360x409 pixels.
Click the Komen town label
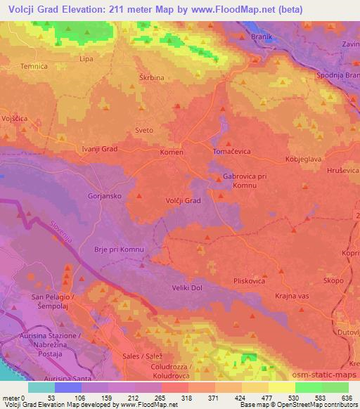tap(171, 152)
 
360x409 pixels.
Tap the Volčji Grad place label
tap(184, 200)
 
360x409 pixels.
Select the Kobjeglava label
tap(302, 160)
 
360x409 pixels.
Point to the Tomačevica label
tap(231, 152)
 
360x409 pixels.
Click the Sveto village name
tap(143, 131)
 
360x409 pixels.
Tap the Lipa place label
tap(87, 59)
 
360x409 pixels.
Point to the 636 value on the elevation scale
tap(347, 397)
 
